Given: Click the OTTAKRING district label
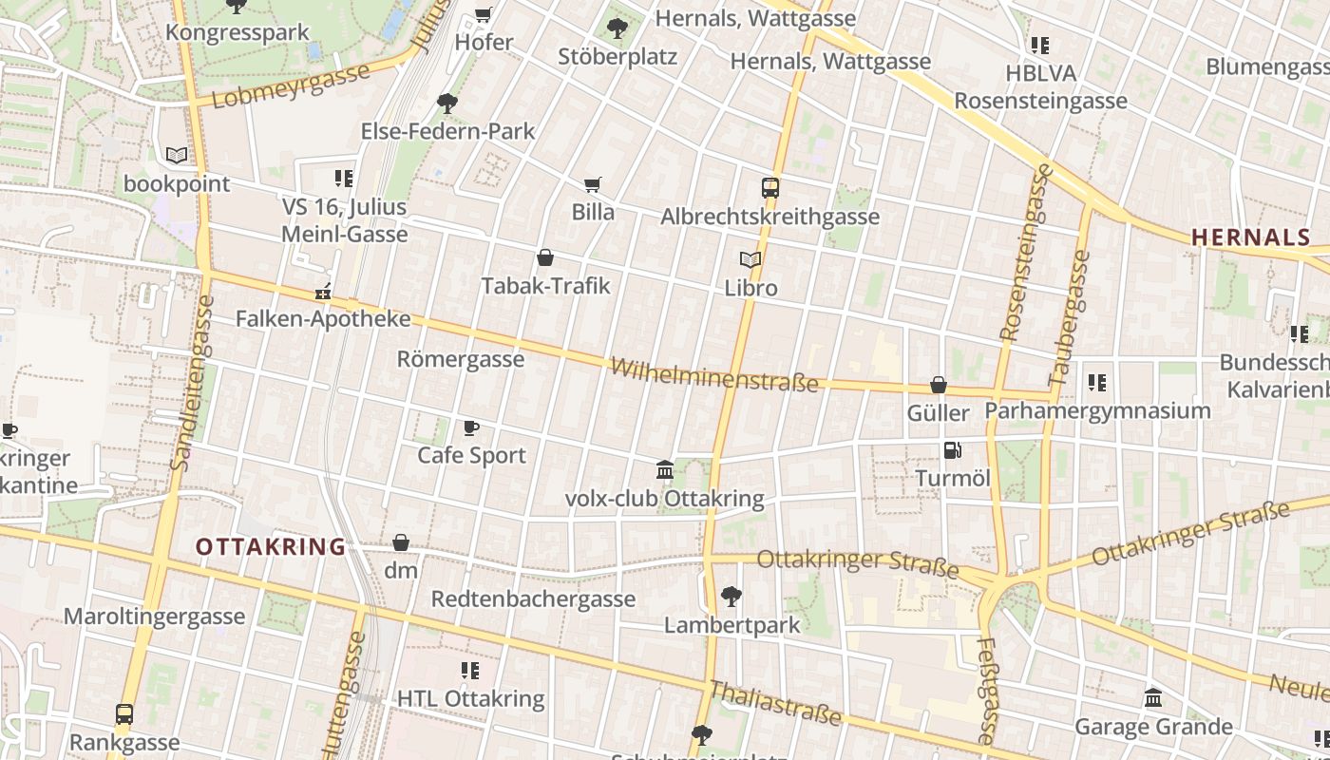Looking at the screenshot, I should click(271, 547).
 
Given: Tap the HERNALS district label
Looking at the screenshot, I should click(1251, 237).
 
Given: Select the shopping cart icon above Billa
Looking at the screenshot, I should click(593, 184).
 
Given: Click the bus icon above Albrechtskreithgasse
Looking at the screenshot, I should click(770, 188).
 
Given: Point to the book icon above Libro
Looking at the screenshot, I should click(750, 259).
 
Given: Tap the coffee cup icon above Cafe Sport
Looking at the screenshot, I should click(471, 427).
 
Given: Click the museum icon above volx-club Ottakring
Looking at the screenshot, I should click(665, 470).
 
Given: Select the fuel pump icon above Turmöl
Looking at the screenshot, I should click(952, 450).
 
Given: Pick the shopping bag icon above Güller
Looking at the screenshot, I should click(939, 385).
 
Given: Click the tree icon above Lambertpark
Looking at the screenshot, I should click(731, 597).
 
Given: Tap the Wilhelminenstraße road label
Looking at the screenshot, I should click(713, 374).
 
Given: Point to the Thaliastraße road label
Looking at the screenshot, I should click(776, 704).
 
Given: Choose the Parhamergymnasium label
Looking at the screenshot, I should click(1097, 410).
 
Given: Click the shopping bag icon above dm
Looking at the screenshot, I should click(401, 542).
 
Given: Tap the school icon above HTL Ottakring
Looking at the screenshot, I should click(470, 671).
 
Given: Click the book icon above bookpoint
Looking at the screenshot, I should click(177, 155).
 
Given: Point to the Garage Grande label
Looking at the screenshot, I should click(1153, 727).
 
